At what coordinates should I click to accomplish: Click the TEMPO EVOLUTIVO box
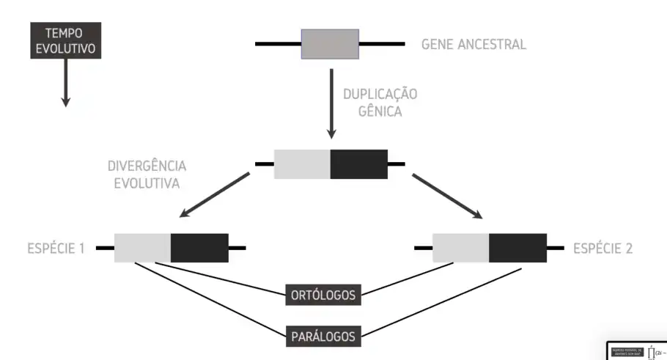pyautogui.click(x=65, y=40)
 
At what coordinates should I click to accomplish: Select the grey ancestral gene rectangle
pyautogui.click(x=330, y=44)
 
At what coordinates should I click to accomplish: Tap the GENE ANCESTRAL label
pyautogui.click(x=473, y=44)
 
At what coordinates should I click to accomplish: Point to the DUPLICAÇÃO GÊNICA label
pyautogui.click(x=380, y=103)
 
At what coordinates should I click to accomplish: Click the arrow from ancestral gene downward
pyautogui.click(x=331, y=103)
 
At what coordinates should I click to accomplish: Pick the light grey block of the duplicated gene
pyautogui.click(x=302, y=164)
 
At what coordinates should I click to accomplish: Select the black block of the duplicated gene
pyautogui.click(x=359, y=164)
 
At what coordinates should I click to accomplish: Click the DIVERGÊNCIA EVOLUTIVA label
pyautogui.click(x=147, y=174)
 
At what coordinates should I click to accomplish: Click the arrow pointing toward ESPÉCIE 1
pyautogui.click(x=214, y=196)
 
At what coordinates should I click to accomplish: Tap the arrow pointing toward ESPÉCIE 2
pyautogui.click(x=447, y=196)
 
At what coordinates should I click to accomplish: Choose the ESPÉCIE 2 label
pyautogui.click(x=602, y=248)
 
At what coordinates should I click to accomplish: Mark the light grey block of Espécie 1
pyautogui.click(x=143, y=248)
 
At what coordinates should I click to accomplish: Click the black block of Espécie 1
pyautogui.click(x=199, y=248)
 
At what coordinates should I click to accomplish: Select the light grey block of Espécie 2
pyautogui.click(x=461, y=248)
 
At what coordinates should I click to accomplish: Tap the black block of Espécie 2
pyautogui.click(x=517, y=248)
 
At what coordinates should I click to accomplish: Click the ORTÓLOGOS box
pyautogui.click(x=323, y=295)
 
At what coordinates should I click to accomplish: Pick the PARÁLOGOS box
pyautogui.click(x=323, y=337)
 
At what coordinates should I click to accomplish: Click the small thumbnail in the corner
pyautogui.click(x=636, y=351)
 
